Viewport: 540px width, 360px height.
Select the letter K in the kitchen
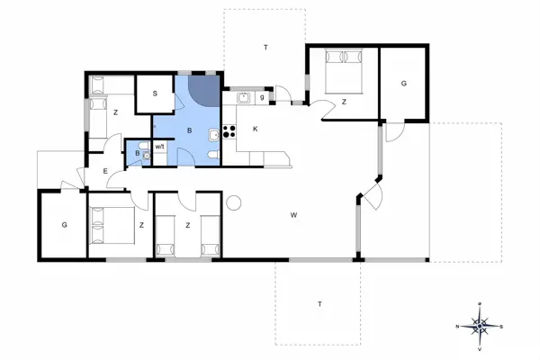click(256, 129)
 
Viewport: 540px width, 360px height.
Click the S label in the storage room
click(155, 94)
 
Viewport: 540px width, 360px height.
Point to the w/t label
click(160, 146)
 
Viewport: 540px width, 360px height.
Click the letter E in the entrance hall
click(105, 171)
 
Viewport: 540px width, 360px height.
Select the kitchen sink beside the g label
click(244, 96)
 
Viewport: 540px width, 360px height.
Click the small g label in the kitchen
click(262, 96)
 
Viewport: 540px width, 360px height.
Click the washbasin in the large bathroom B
click(211, 136)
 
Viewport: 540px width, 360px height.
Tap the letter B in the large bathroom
click(189, 130)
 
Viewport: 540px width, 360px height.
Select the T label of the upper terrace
click(265, 46)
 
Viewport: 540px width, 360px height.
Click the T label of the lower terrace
click(319, 304)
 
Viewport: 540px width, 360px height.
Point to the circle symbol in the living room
click(236, 202)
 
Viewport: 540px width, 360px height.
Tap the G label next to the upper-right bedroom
click(404, 83)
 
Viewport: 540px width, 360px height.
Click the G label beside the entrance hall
click(64, 224)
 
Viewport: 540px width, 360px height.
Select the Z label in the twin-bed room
click(187, 226)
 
